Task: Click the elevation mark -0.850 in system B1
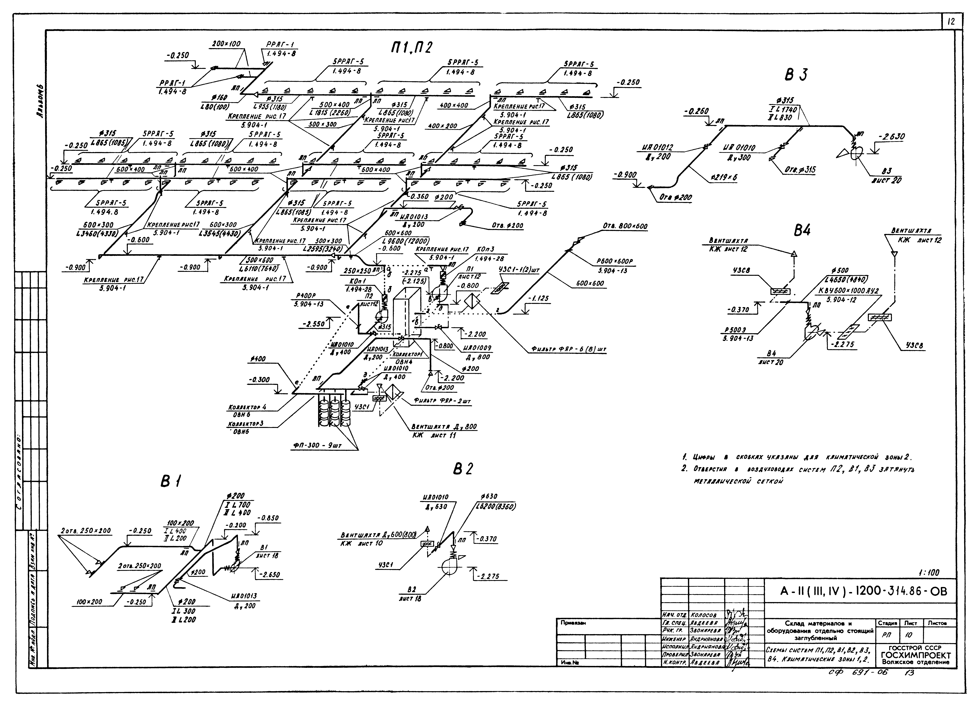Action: pyautogui.click(x=268, y=518)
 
